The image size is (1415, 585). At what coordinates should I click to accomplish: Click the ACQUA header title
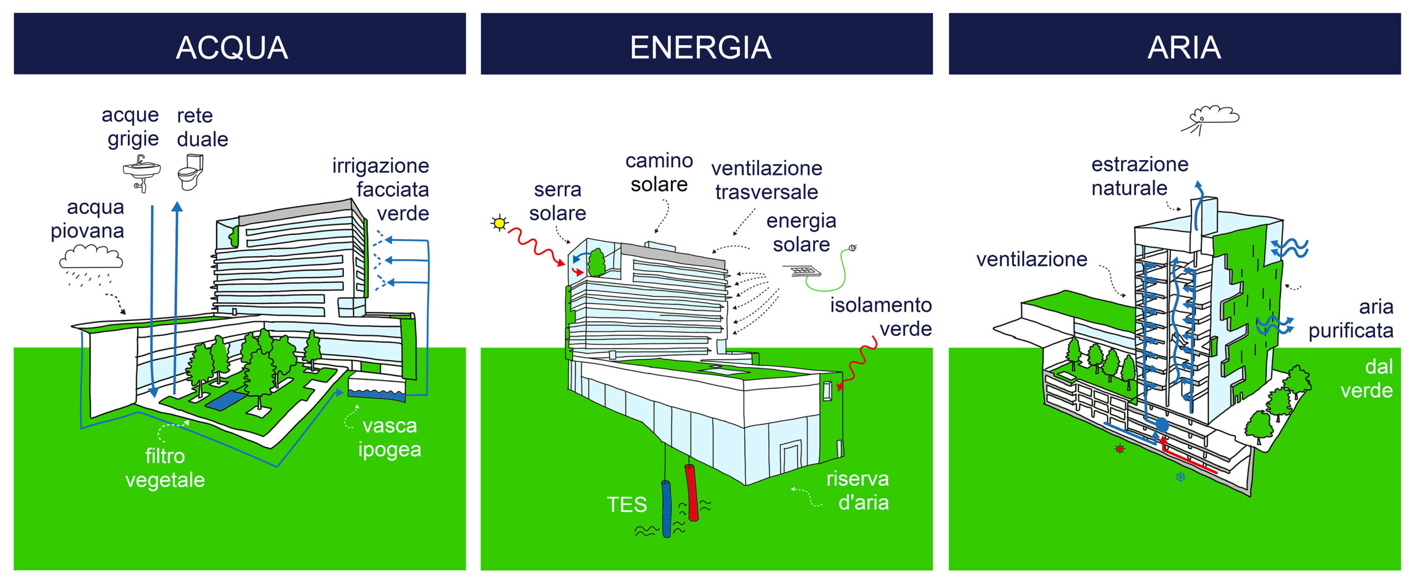[x=232, y=48]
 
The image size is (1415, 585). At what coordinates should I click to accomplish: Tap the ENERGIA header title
[x=700, y=48]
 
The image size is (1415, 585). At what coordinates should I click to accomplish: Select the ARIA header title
[x=1184, y=48]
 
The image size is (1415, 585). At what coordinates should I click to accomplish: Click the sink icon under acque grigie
[x=141, y=173]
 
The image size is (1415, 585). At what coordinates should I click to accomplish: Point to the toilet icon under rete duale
[x=191, y=172]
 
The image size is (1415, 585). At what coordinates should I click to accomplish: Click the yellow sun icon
[x=499, y=223]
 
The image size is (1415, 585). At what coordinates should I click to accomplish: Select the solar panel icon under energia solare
[x=801, y=271]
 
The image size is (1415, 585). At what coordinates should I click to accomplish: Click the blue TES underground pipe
[x=667, y=508]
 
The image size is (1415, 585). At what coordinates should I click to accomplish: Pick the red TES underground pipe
[x=691, y=492]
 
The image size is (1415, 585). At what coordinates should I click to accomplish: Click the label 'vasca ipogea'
[x=390, y=438]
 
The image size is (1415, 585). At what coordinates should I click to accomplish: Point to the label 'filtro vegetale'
[x=165, y=468]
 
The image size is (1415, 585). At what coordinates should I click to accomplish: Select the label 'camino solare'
[x=659, y=172]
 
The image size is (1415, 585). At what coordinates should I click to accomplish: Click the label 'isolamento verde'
[x=881, y=317]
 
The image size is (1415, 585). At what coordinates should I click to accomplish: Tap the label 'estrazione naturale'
[x=1140, y=176]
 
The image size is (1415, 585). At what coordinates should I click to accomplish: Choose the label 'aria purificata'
[x=1351, y=319]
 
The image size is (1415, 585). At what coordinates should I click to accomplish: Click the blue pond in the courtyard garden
[x=227, y=400]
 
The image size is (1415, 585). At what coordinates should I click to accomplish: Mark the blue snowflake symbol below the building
[x=1180, y=476]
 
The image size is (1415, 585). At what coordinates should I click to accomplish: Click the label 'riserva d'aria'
[x=858, y=491]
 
